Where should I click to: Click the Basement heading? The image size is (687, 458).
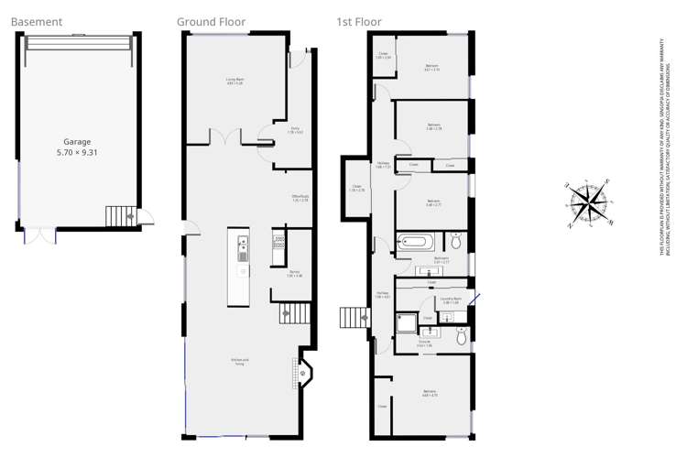[x=38, y=21]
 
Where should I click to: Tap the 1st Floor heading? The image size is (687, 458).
[x=358, y=21]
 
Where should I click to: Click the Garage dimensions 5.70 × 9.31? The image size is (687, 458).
[x=79, y=147]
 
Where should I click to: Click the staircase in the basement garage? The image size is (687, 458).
[x=119, y=217]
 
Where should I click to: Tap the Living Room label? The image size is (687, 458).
[x=234, y=82]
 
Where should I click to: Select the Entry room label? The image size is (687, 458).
[x=295, y=130]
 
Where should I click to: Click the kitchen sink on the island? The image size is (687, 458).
[x=243, y=244]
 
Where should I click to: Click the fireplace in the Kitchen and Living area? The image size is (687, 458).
[x=306, y=372]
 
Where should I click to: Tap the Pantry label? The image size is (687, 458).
[x=295, y=274]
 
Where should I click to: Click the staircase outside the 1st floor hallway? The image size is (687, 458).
[x=354, y=318]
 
